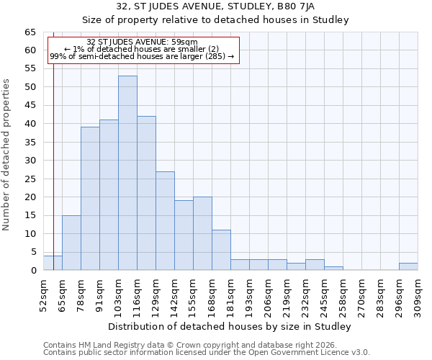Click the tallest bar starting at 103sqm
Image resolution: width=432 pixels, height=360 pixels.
click(x=127, y=173)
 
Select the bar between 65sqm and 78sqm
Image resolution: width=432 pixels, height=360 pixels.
click(x=71, y=243)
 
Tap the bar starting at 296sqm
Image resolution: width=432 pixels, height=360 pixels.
click(x=408, y=266)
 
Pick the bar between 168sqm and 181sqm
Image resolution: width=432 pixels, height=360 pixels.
click(x=221, y=250)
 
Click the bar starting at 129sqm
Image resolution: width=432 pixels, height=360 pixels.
click(x=165, y=220)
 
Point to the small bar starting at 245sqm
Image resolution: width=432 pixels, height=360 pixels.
click(x=333, y=269)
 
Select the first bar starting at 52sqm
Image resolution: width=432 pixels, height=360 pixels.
click(x=53, y=263)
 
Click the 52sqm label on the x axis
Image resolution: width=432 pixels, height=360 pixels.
click(x=43, y=294)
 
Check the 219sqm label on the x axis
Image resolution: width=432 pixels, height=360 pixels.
click(x=287, y=294)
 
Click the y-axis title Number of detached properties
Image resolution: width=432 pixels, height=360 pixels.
click(x=6, y=155)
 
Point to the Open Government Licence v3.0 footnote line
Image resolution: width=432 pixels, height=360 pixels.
click(x=207, y=353)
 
